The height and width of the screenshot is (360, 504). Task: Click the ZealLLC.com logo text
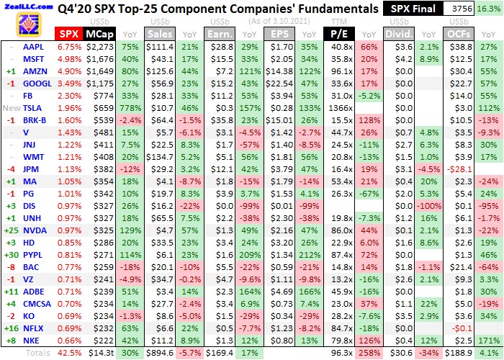pyautogui.click(x=27, y=6)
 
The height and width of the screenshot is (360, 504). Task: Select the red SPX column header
pyautogui.click(x=69, y=34)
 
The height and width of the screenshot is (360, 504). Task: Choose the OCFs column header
pyautogui.click(x=459, y=34)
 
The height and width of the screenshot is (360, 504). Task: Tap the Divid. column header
pyautogui.click(x=399, y=34)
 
